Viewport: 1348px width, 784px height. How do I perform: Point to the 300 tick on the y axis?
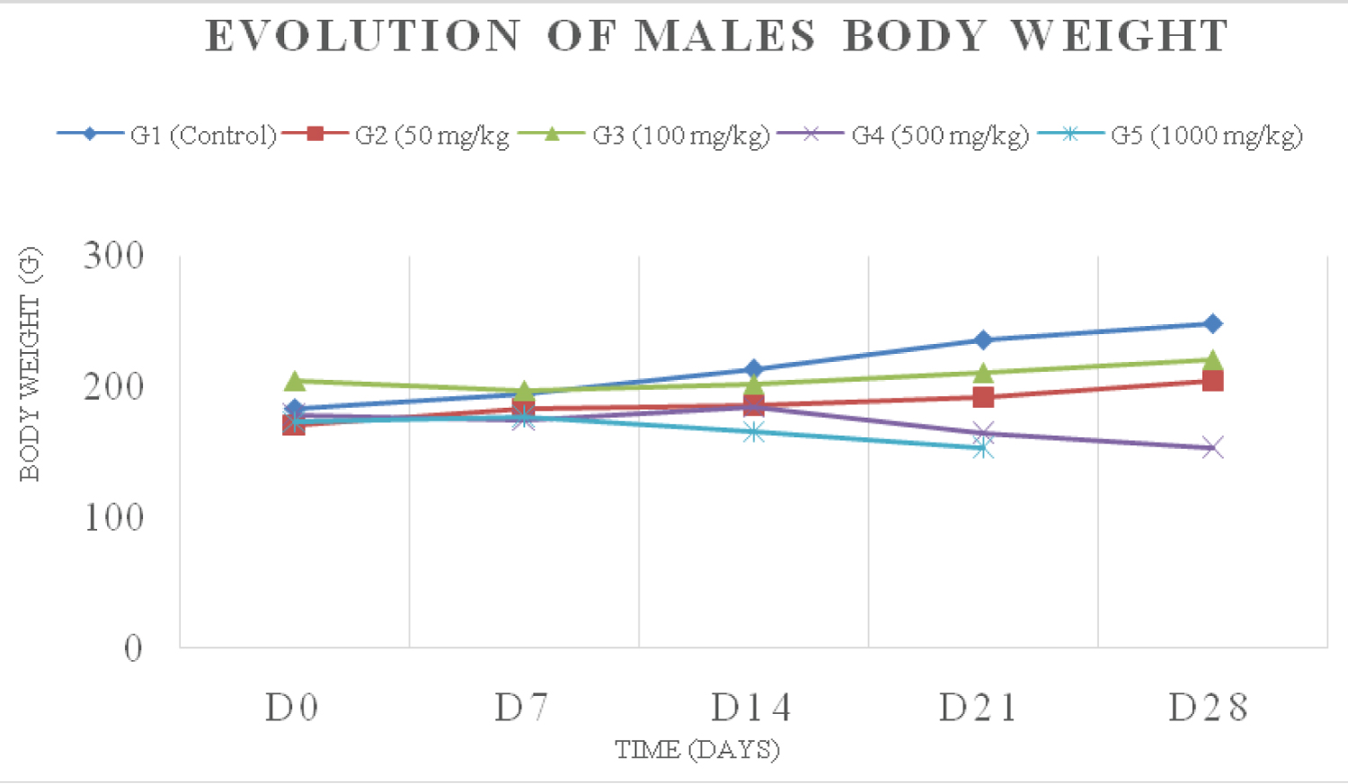(x=114, y=256)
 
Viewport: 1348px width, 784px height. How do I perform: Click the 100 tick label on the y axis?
(x=114, y=518)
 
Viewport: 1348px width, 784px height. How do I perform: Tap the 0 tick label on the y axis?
(x=133, y=648)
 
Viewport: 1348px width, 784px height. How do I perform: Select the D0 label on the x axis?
(x=292, y=709)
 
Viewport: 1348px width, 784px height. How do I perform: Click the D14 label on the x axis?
(x=751, y=709)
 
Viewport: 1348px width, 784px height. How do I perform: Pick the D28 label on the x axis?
(x=1209, y=709)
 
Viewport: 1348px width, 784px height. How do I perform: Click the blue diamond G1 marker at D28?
(x=1212, y=323)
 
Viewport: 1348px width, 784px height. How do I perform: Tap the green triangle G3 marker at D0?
(x=294, y=382)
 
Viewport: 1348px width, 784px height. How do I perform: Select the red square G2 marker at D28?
(x=1212, y=381)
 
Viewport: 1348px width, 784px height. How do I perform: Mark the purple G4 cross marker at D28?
(x=1212, y=447)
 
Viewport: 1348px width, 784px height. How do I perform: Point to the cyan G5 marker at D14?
(x=753, y=432)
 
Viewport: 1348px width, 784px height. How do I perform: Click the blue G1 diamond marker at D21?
(x=983, y=340)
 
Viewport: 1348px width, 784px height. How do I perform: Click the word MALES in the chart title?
(x=726, y=37)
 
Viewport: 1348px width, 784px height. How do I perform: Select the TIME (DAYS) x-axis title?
(x=697, y=749)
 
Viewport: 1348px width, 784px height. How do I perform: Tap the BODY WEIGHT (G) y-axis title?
(x=30, y=365)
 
